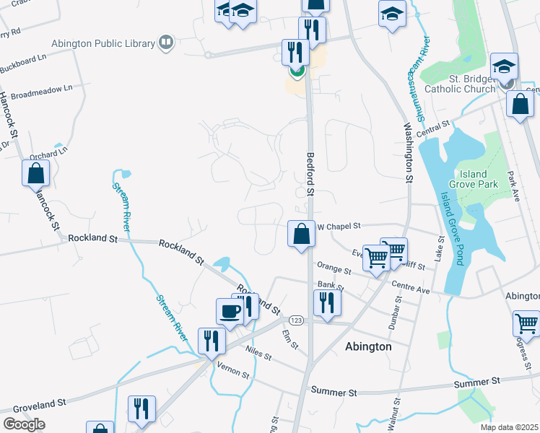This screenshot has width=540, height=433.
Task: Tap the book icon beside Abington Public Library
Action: pyautogui.click(x=167, y=43)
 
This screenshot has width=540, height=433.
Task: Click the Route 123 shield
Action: pyautogui.click(x=296, y=319)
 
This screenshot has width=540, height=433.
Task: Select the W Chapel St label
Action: pyautogui.click(x=339, y=227)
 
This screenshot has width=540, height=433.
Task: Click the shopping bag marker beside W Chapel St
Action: pyautogui.click(x=301, y=234)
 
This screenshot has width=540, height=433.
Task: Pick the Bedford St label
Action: pyautogui.click(x=311, y=174)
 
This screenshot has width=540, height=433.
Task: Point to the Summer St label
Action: pyautogui.click(x=334, y=392)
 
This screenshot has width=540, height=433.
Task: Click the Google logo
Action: pyautogui.click(x=25, y=424)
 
